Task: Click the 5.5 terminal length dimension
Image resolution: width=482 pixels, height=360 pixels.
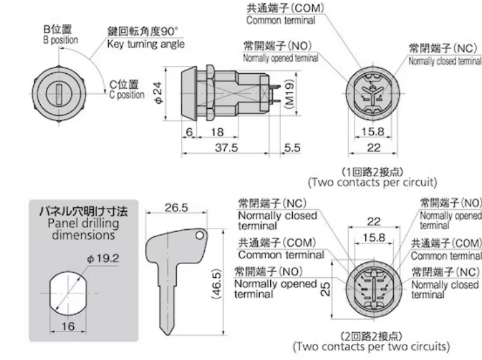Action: [x=292, y=148]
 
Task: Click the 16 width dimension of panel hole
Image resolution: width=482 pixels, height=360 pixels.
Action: [x=68, y=326]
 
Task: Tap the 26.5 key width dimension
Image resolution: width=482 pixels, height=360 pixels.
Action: [x=176, y=208]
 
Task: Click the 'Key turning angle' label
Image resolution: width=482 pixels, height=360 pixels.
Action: [x=146, y=44]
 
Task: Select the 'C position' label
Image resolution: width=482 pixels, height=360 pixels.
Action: [x=126, y=95]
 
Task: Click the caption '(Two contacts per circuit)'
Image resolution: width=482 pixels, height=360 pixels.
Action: [x=372, y=182]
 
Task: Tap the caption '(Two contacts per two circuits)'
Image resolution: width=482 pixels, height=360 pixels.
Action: [x=371, y=346]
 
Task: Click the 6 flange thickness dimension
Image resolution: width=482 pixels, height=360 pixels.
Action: [x=189, y=131]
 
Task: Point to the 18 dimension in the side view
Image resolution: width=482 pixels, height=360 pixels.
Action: [x=218, y=131]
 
